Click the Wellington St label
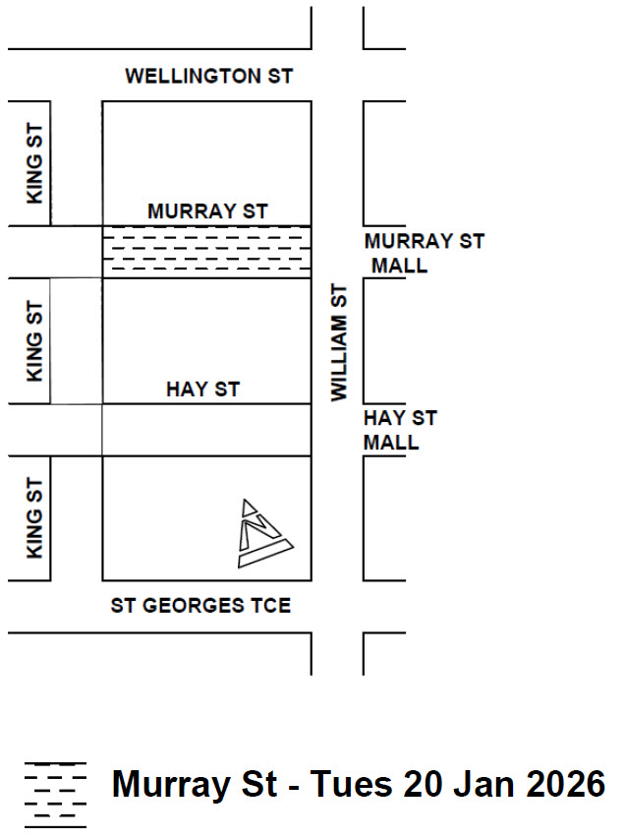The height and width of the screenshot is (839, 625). (x=209, y=76)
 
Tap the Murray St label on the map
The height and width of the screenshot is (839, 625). (x=207, y=211)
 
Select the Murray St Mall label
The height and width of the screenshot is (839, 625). (x=424, y=253)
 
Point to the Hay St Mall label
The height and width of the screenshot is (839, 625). (x=400, y=430)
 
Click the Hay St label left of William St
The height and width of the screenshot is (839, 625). (x=202, y=390)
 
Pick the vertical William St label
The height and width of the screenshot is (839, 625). (x=339, y=342)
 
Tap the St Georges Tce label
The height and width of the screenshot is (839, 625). (x=200, y=605)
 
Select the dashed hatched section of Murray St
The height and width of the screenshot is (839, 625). (x=206, y=252)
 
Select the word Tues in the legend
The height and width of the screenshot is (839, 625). (x=353, y=785)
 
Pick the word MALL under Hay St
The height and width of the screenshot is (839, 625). (x=391, y=443)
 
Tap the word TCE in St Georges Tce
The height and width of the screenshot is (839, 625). (x=268, y=605)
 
